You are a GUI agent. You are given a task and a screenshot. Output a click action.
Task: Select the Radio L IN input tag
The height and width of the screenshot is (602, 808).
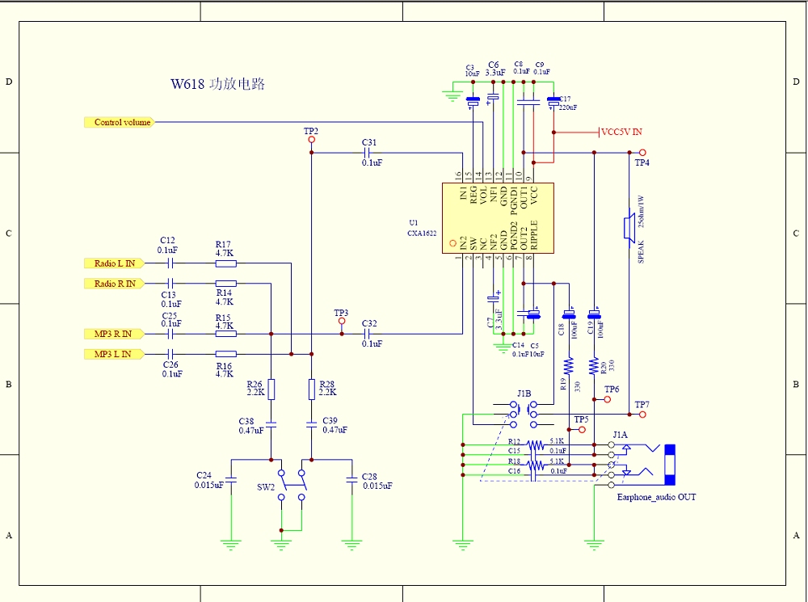(x=114, y=263)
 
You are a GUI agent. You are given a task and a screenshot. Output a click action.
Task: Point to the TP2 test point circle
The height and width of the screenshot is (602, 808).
(x=311, y=139)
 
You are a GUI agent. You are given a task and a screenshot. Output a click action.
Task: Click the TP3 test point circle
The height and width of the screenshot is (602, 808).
(x=341, y=322)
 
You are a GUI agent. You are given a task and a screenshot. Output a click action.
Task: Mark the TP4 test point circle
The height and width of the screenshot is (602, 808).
(x=642, y=152)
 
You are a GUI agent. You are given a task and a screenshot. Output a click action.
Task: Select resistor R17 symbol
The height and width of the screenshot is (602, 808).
(x=225, y=263)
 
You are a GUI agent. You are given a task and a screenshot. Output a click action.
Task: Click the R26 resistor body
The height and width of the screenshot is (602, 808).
(x=271, y=390)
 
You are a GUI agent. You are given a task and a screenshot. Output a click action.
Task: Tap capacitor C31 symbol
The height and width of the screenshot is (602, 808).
(x=369, y=152)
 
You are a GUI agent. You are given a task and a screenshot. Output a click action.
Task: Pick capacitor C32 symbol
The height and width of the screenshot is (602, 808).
(x=369, y=333)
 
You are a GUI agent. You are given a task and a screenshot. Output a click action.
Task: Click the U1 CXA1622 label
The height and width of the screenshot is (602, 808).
(x=422, y=228)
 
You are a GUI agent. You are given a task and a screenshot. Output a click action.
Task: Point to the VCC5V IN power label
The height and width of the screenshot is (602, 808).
(x=622, y=132)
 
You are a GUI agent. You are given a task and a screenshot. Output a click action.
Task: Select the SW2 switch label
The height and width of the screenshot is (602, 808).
(x=265, y=488)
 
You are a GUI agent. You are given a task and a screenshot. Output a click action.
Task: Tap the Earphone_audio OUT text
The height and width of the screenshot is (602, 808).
(x=656, y=497)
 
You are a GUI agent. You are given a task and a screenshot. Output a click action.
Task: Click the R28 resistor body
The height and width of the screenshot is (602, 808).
(x=312, y=390)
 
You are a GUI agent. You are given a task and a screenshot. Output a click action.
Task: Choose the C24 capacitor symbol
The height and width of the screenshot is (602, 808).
(x=231, y=481)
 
